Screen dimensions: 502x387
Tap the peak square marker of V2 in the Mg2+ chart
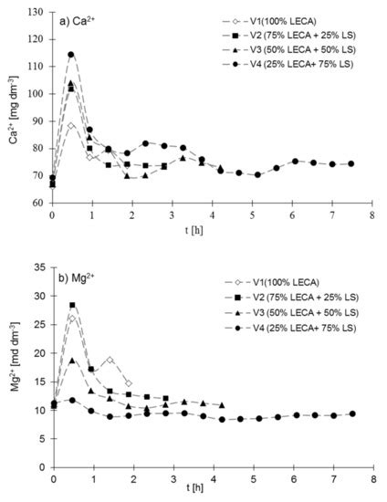[72, 305]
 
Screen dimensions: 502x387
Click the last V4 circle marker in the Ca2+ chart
[351, 164]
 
